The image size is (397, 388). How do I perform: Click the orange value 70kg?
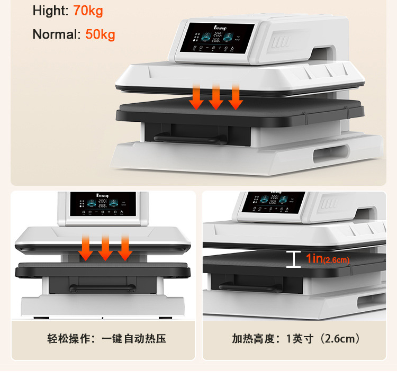(x=88, y=10)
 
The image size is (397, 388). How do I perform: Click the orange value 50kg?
(x=100, y=35)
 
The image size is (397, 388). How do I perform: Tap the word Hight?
(x=50, y=10)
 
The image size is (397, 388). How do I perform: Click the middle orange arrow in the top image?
(x=215, y=97)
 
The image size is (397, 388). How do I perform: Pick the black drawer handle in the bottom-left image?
(x=101, y=288)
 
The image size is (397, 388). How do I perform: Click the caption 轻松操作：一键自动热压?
(x=106, y=338)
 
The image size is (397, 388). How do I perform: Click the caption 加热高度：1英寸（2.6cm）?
(x=296, y=338)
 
